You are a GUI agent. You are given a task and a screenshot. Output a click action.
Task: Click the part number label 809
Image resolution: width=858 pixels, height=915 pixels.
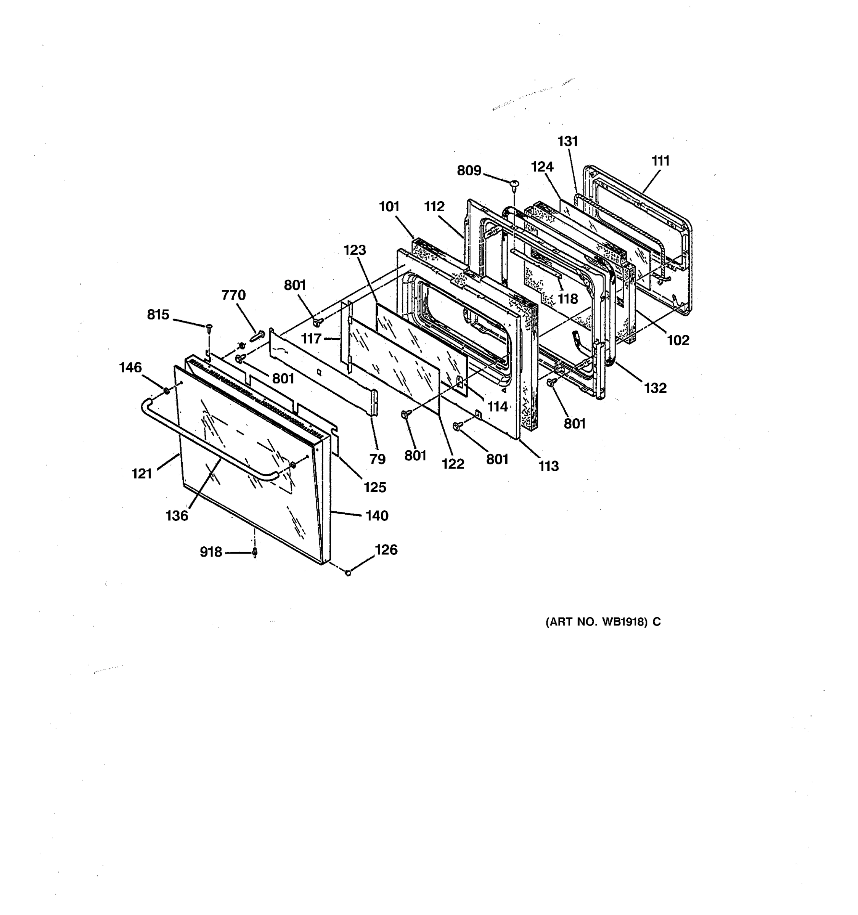coord(469,171)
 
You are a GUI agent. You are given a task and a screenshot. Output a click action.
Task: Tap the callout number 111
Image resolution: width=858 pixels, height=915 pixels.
coord(660,161)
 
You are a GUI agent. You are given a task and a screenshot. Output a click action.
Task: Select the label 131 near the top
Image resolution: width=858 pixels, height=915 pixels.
coord(567,141)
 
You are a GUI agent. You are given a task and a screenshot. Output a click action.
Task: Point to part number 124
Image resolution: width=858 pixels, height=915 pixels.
coord(542,167)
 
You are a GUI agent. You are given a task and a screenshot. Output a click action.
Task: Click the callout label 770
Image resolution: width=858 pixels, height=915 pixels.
coord(233,295)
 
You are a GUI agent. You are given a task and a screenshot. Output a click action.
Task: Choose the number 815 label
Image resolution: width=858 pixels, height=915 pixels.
coord(158,315)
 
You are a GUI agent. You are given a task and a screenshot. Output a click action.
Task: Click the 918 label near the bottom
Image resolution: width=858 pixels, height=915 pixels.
coord(211,552)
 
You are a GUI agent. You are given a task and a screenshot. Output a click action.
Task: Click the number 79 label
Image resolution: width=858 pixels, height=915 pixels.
coord(377,459)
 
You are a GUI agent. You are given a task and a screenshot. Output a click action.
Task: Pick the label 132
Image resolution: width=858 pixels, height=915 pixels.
coord(655,388)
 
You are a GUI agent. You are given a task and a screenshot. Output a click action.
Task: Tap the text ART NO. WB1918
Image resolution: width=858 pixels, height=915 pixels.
coord(603,622)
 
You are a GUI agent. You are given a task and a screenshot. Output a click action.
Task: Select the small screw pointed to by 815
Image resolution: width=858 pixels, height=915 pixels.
coord(210,327)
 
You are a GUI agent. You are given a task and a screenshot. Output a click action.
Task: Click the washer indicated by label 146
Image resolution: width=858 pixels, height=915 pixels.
coord(165,392)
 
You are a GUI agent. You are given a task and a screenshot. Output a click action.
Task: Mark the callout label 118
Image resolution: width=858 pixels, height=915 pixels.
coord(567,299)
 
